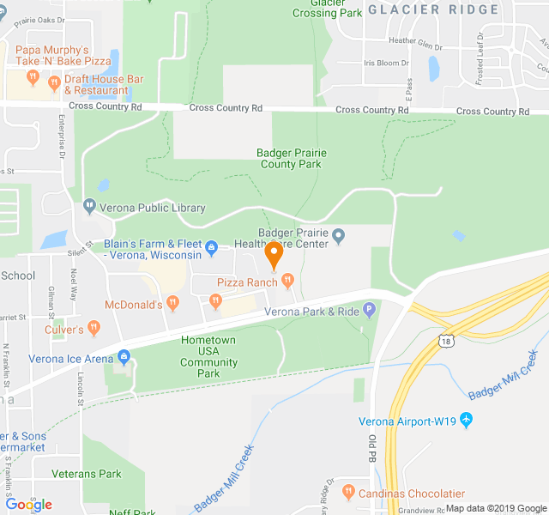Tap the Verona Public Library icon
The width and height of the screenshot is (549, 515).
click(x=89, y=207)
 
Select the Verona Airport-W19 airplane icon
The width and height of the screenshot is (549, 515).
click(x=466, y=421)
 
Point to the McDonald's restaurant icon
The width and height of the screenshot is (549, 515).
click(x=173, y=303)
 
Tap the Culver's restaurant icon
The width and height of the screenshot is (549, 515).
click(x=94, y=329)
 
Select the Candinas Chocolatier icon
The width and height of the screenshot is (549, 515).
click(x=347, y=493)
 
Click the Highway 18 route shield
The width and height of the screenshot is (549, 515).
click(x=445, y=341)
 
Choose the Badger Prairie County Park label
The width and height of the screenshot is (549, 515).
click(x=291, y=159)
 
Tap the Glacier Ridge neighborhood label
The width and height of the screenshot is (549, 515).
click(x=433, y=9)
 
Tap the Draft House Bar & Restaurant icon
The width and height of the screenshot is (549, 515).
click(x=54, y=83)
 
